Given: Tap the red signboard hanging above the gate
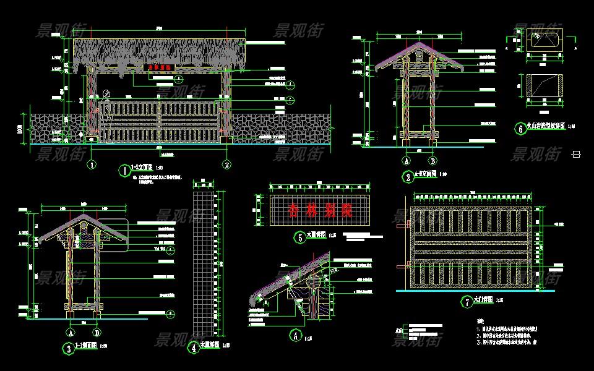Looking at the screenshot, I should [x=160, y=67].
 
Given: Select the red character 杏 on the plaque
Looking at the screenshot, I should [x=293, y=210].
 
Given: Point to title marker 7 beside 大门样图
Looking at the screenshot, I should [x=466, y=302].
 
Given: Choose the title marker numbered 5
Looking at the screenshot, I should [x=299, y=236].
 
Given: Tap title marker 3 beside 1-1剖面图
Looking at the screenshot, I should [x=67, y=348].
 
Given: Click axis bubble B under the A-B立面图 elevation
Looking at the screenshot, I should [x=433, y=160].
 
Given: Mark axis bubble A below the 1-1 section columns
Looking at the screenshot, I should [x=68, y=329].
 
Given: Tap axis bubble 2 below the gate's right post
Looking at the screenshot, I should [x=227, y=164].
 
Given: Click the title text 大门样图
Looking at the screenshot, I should [x=483, y=300].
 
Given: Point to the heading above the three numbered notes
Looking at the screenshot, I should [x=480, y=322].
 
